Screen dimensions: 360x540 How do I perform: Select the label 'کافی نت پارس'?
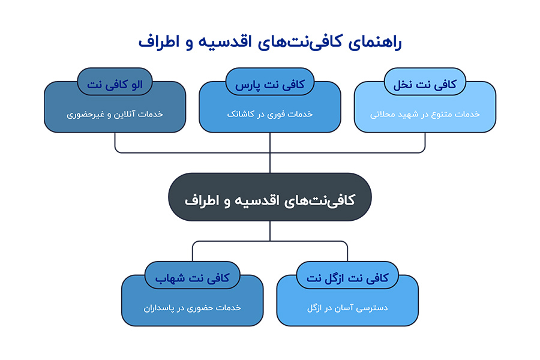click(x=269, y=85)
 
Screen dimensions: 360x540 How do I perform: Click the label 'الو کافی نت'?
click(x=115, y=85)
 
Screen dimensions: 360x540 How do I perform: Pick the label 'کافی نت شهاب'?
click(x=192, y=278)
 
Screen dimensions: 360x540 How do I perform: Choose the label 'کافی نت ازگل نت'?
click(x=347, y=278)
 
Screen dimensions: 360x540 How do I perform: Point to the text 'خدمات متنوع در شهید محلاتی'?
click(x=425, y=114)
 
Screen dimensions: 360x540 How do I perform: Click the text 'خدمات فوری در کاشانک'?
click(x=269, y=114)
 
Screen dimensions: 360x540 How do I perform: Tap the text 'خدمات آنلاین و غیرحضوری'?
click(x=115, y=114)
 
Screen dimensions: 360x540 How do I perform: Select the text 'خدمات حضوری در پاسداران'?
click(x=192, y=308)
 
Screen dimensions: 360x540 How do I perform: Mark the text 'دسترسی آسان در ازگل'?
click(x=347, y=308)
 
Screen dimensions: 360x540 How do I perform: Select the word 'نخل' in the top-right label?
click(x=404, y=85)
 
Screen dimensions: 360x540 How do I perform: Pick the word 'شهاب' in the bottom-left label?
click(x=169, y=278)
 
